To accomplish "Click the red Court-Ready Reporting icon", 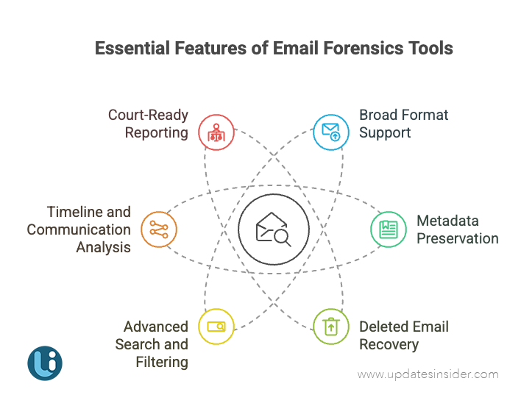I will [x=216, y=132].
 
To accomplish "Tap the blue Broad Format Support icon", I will [x=331, y=132].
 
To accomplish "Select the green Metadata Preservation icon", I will [x=388, y=229].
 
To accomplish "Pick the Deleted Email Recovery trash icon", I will [x=331, y=326].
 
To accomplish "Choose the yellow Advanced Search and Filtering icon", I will [x=216, y=326].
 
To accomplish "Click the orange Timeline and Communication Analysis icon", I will [x=158, y=229].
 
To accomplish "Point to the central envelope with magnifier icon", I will [x=273, y=229].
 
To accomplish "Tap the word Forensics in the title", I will [x=361, y=49].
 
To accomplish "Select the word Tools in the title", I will [x=430, y=49].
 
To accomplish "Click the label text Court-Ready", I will [x=148, y=115].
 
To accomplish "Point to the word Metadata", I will [x=447, y=221].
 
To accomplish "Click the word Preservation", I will [x=457, y=238].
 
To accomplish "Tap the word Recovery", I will [x=389, y=344].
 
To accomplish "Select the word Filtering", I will [x=162, y=362].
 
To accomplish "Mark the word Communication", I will [x=79, y=229].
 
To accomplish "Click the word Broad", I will [x=378, y=115].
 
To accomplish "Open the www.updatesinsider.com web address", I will [x=428, y=374].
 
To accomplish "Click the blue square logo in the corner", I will [x=45, y=363].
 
